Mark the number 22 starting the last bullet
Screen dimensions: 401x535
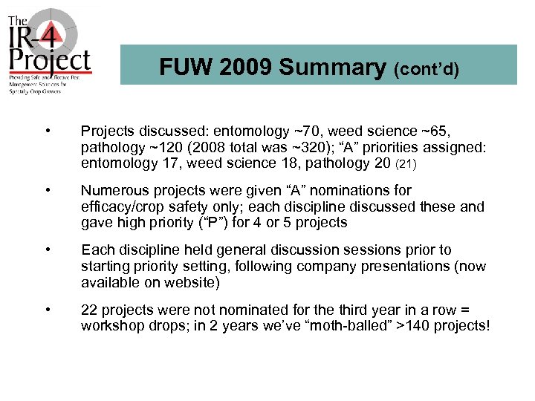[89, 310]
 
